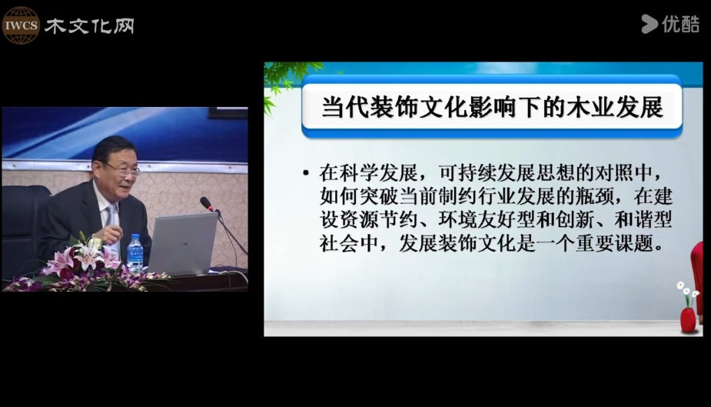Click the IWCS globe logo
[21, 25]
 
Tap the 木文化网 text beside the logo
[89, 26]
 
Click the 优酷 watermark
[670, 24]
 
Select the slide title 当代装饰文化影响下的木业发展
[492, 108]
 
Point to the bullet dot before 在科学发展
[306, 173]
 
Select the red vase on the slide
[688, 319]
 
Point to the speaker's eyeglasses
[122, 170]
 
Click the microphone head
[206, 203]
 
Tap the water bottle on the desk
[135, 254]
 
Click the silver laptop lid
[182, 244]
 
